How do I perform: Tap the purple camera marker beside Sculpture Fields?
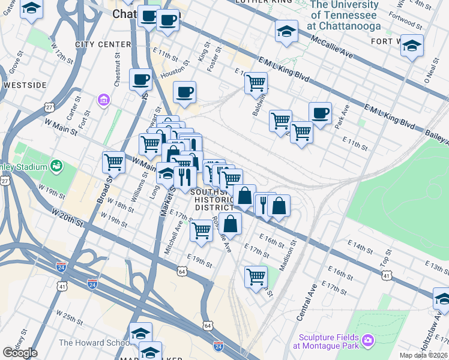pyautogui.click(x=368, y=341)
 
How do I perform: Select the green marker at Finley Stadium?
pyautogui.click(x=56, y=165)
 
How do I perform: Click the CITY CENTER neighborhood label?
pyautogui.click(x=103, y=44)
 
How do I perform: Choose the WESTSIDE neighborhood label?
pyautogui.click(x=25, y=85)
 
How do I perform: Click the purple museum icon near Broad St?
pyautogui.click(x=103, y=98)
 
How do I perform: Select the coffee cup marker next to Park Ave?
pyautogui.click(x=320, y=112)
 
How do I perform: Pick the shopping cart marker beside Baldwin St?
pyautogui.click(x=256, y=82)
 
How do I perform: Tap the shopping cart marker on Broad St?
pyautogui.click(x=113, y=161)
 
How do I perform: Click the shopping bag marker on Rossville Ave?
pyautogui.click(x=230, y=224)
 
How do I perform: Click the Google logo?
pyautogui.click(x=20, y=353)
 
